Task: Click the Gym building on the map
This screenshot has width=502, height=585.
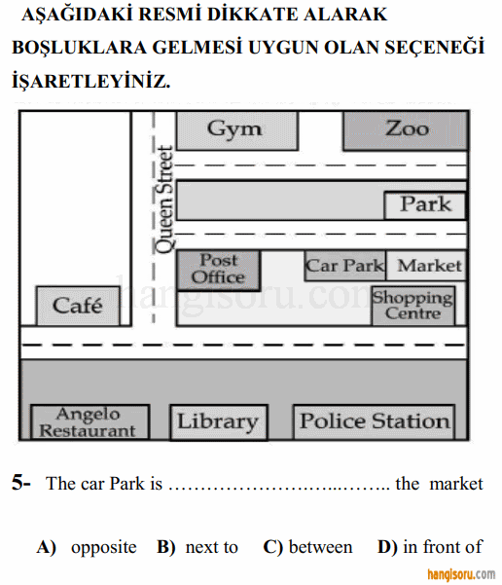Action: [237, 130]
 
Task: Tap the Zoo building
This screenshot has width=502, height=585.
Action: [406, 130]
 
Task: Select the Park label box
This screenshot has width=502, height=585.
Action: [425, 205]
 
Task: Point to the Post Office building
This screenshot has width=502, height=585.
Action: [219, 271]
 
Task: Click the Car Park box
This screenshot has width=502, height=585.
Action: [345, 266]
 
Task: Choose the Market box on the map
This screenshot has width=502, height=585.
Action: [427, 266]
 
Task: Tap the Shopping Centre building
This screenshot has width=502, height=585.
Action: [413, 306]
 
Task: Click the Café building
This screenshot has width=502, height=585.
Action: [78, 306]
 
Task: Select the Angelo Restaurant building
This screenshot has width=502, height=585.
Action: [90, 422]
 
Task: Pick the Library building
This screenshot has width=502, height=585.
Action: [219, 422]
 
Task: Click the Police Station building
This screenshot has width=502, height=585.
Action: [375, 422]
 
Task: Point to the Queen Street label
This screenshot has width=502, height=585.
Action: [164, 200]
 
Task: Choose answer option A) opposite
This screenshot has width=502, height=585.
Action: [87, 548]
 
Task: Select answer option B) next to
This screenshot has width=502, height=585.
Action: [197, 548]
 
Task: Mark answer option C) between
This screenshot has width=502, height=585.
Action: [307, 548]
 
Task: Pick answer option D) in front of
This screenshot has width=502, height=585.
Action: [430, 548]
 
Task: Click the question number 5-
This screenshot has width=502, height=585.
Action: [21, 483]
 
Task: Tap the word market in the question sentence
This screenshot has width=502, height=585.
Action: [456, 484]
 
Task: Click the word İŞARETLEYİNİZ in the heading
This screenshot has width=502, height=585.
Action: [91, 82]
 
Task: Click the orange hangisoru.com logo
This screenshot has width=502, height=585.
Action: [461, 574]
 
